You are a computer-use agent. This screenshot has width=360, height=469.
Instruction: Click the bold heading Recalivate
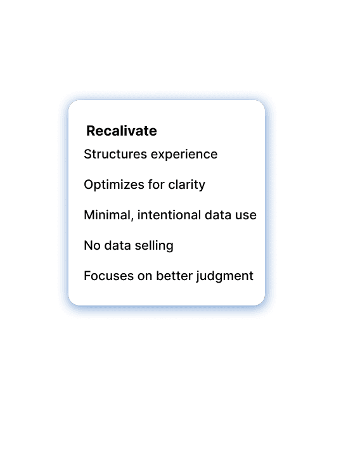point(122,131)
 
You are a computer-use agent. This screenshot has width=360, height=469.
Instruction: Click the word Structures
point(115,155)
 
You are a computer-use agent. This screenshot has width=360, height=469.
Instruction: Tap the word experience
point(184,155)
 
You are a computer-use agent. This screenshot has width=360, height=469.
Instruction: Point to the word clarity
point(187,185)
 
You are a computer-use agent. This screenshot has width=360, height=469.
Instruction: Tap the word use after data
point(246,216)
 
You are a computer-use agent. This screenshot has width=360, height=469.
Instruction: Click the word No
point(92,245)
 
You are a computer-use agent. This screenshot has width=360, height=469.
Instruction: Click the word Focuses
point(109,276)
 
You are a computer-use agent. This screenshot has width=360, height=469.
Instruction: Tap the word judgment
point(225,276)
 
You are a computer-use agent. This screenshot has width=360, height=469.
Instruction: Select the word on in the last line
point(145,277)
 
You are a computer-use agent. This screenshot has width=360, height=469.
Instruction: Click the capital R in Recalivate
point(91,131)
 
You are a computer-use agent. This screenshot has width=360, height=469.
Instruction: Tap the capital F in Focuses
point(87,276)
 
